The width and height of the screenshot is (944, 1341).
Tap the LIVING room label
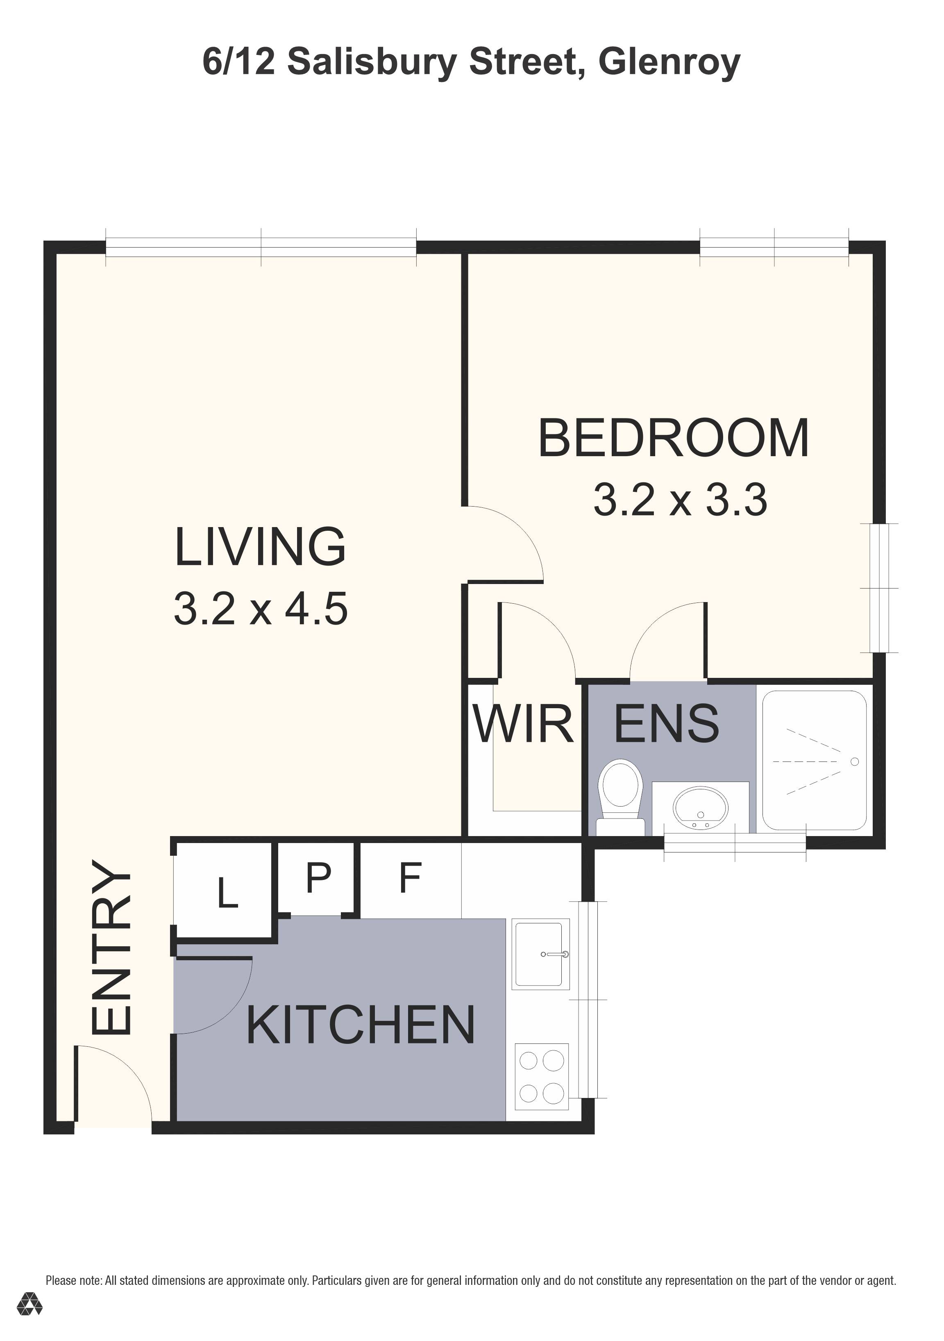pyautogui.click(x=260, y=547)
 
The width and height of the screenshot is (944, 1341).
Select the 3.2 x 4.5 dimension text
pyautogui.click(x=260, y=609)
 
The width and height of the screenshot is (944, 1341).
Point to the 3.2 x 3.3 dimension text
pyautogui.click(x=680, y=500)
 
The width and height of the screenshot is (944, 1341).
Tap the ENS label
pyautogui.click(x=667, y=724)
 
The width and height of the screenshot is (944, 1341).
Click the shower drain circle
pyautogui.click(x=855, y=761)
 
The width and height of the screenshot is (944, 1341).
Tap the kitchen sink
pyautogui.click(x=540, y=955)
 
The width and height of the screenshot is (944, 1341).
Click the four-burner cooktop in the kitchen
pyautogui.click(x=541, y=1076)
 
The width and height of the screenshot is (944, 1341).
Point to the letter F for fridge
pyautogui.click(x=410, y=878)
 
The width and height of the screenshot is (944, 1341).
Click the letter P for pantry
pyautogui.click(x=318, y=877)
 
